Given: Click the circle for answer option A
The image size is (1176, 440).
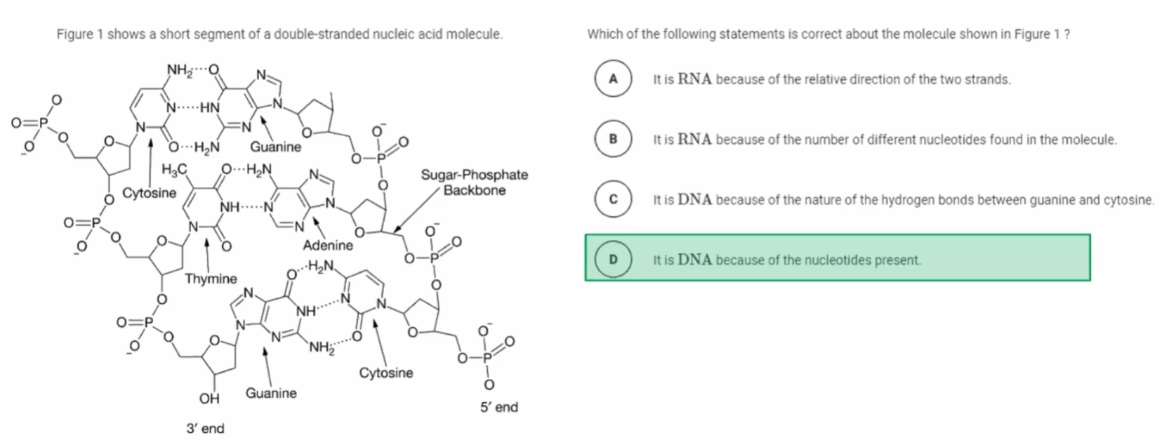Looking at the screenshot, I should pyautogui.click(x=613, y=79).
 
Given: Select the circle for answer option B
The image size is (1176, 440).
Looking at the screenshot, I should pyautogui.click(x=613, y=139).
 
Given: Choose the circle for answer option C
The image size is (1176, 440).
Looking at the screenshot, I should pyautogui.click(x=613, y=199).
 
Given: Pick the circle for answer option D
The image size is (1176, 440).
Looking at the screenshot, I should pyautogui.click(x=613, y=260).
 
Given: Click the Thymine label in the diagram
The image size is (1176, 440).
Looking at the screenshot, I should pyautogui.click(x=211, y=279).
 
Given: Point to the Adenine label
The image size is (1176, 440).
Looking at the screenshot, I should pyautogui.click(x=328, y=245).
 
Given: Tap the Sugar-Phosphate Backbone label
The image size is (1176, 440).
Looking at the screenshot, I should pyautogui.click(x=475, y=182).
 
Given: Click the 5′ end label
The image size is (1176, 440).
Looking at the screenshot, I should pyautogui.click(x=499, y=407).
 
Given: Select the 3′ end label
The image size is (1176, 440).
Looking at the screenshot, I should pyautogui.click(x=205, y=428).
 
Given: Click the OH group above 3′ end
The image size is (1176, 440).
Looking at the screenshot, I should pyautogui.click(x=209, y=399).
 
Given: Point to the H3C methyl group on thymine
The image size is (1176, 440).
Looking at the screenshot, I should pyautogui.click(x=174, y=169).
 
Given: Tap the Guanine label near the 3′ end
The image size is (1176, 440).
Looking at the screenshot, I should pyautogui.click(x=271, y=393).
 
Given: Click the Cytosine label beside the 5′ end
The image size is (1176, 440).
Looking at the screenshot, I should pyautogui.click(x=386, y=373).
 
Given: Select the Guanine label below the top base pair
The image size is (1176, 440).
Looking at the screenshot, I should pyautogui.click(x=276, y=147).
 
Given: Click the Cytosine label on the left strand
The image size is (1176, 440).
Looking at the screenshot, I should pyautogui.click(x=150, y=192).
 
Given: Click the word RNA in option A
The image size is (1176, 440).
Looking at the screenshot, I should pyautogui.click(x=694, y=79).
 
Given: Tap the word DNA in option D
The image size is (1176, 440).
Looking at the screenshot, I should pyautogui.click(x=695, y=260).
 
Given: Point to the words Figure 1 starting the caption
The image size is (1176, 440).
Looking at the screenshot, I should pyautogui.click(x=79, y=34).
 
